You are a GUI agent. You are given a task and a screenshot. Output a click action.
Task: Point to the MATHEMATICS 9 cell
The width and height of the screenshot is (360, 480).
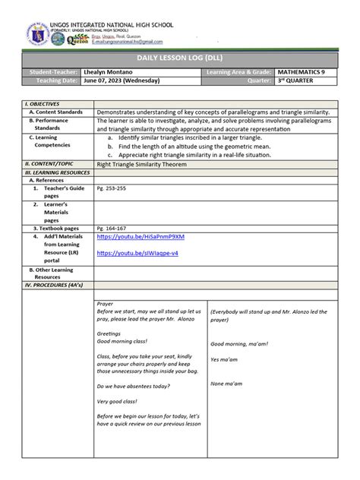pyautogui.click(x=298, y=72)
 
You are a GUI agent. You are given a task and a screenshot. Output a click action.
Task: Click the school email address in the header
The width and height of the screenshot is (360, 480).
pyautogui.click(x=127, y=43)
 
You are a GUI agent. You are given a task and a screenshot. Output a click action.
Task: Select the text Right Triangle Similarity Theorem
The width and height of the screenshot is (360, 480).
pyautogui.click(x=141, y=163)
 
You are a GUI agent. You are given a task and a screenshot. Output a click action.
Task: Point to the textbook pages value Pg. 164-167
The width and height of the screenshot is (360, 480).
pyautogui.click(x=111, y=228)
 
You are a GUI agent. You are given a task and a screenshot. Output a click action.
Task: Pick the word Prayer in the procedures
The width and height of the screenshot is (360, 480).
pyautogui.click(x=106, y=303)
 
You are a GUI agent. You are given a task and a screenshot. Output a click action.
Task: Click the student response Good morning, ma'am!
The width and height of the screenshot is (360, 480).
pyautogui.click(x=240, y=343)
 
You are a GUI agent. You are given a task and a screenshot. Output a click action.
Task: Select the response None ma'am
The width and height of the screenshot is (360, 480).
pyautogui.click(x=228, y=384)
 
